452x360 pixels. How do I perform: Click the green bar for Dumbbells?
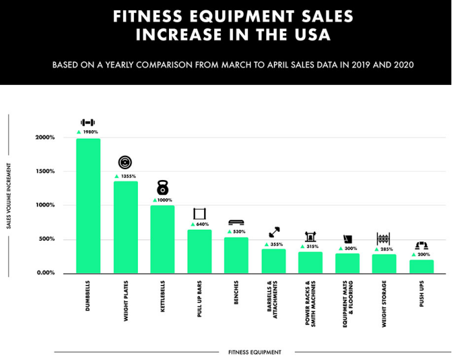pyautogui.click(x=88, y=206)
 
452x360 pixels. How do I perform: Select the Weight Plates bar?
pyautogui.click(x=126, y=227)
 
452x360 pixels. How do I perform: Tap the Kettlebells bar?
pyautogui.click(x=163, y=239)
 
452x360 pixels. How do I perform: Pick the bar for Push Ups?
pyautogui.click(x=422, y=266)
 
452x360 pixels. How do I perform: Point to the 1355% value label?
pyautogui.click(x=128, y=176)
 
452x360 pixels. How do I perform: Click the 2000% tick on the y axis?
pyautogui.click(x=45, y=138)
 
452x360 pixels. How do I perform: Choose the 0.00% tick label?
pyautogui.click(x=45, y=273)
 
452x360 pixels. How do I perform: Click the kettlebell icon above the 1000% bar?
pyautogui.click(x=163, y=188)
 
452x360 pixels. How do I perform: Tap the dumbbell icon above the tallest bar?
pyautogui.click(x=88, y=122)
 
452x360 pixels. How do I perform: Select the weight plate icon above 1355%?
pyautogui.click(x=125, y=163)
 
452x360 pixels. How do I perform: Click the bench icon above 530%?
pyautogui.click(x=236, y=222)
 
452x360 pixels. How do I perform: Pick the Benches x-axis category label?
pyautogui.click(x=236, y=292)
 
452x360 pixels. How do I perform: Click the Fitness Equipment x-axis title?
pyautogui.click(x=254, y=352)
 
